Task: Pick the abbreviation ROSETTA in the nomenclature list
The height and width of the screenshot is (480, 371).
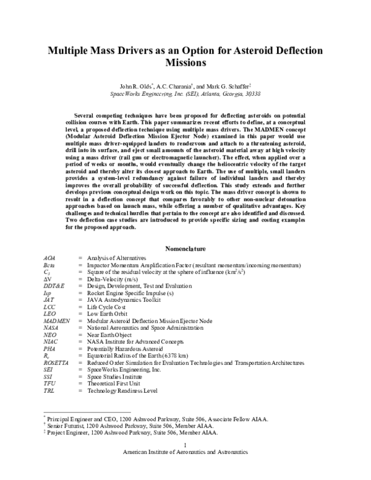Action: click(x=56, y=362)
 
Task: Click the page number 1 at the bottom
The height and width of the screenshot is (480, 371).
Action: click(x=185, y=446)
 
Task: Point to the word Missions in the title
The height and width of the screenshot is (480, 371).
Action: click(x=185, y=62)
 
